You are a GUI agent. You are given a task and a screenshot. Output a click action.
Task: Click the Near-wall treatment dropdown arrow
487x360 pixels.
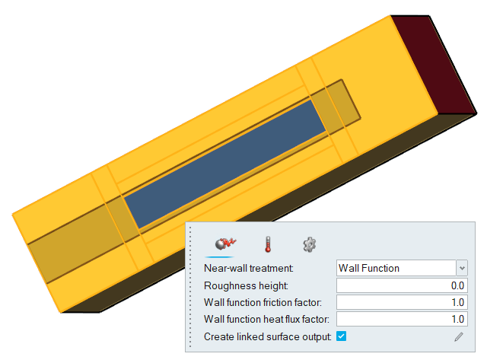(x=462, y=268)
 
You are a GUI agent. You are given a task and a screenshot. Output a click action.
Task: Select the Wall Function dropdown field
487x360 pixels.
(x=396, y=268)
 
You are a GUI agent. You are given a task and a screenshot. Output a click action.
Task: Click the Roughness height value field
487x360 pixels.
(x=402, y=285)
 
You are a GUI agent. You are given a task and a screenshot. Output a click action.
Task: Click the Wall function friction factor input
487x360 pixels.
(x=402, y=302)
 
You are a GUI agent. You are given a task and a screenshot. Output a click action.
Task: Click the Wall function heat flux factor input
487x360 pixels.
(x=402, y=319)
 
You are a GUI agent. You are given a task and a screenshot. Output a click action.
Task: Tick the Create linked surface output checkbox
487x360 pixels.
(x=342, y=336)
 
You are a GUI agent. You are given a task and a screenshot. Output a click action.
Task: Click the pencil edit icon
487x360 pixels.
(x=459, y=336)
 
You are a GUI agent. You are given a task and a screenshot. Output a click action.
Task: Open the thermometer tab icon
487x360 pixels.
(x=268, y=244)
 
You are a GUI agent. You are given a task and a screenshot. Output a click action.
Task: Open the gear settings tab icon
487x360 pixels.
(x=310, y=244)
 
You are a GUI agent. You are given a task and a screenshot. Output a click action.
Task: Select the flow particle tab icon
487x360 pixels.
(x=225, y=244)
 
